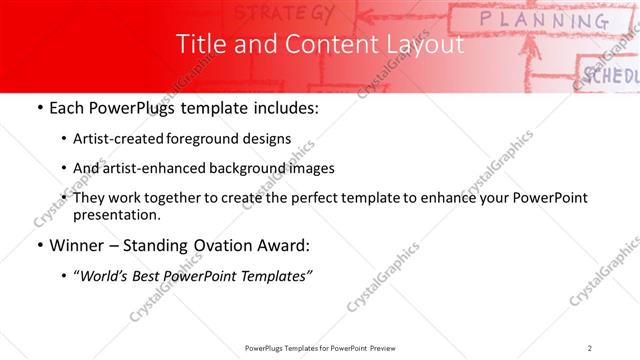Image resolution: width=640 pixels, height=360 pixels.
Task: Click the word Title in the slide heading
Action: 198,45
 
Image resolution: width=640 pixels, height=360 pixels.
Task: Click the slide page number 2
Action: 590,347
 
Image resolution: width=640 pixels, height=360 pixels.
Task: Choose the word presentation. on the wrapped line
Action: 117,214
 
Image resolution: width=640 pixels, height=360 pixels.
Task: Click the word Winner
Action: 74,246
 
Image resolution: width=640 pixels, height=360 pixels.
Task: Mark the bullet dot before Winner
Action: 38,246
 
